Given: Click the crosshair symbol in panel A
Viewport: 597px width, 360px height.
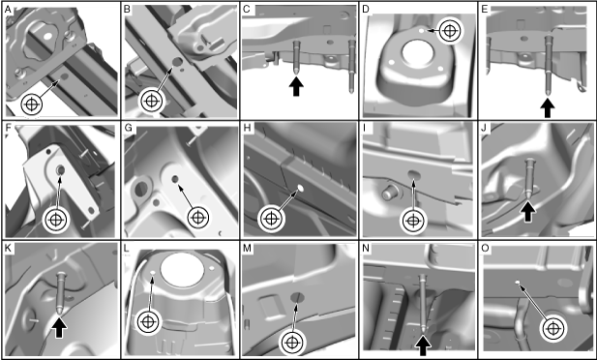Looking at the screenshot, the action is pyautogui.click(x=32, y=104).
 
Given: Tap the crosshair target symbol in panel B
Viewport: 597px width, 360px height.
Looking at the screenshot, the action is pyautogui.click(x=152, y=101).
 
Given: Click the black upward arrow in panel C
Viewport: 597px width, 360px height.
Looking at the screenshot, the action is pyautogui.click(x=296, y=86).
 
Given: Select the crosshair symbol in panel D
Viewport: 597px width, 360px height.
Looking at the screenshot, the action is pyautogui.click(x=450, y=30).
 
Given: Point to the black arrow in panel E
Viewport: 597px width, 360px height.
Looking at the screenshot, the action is pyautogui.click(x=548, y=108).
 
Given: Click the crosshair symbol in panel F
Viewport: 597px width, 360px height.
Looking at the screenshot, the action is pyautogui.click(x=56, y=220).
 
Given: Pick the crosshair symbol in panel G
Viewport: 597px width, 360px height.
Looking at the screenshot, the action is pyautogui.click(x=198, y=218).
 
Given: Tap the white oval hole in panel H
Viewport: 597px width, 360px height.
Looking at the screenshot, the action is pyautogui.click(x=300, y=188).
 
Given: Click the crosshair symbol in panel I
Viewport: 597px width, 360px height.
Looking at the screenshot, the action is pyautogui.click(x=413, y=221).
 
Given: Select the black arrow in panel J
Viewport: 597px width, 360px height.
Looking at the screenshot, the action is pyautogui.click(x=527, y=212).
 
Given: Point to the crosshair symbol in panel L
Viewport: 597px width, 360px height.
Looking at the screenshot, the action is pyautogui.click(x=148, y=322).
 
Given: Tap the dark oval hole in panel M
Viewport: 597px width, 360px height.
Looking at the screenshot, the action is pyautogui.click(x=298, y=297).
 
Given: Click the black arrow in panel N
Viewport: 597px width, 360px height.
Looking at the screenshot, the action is pyautogui.click(x=423, y=345).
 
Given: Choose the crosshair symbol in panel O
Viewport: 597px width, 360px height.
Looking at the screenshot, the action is pyautogui.click(x=552, y=328).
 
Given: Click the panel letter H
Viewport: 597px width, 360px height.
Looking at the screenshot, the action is pyautogui.click(x=248, y=128).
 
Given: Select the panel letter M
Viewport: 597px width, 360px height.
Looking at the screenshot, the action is pyautogui.click(x=247, y=249).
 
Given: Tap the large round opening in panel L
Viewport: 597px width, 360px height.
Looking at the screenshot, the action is pyautogui.click(x=182, y=269).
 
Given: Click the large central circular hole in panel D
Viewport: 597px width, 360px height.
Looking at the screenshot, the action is pyautogui.click(x=417, y=52).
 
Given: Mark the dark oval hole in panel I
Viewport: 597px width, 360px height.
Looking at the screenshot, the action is pyautogui.click(x=414, y=174).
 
